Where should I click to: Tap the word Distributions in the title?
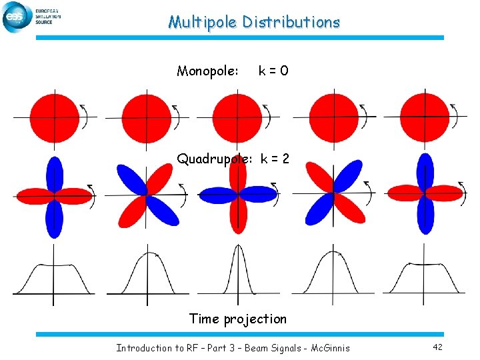[x=291, y=23]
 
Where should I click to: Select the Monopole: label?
[x=207, y=71]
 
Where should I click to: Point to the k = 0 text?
[x=273, y=71]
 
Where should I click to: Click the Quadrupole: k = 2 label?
[x=233, y=159]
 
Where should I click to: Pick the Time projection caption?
[x=238, y=319]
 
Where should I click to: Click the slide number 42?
[x=437, y=347]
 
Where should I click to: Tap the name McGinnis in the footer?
[x=330, y=347]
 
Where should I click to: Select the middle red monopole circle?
[x=238, y=118]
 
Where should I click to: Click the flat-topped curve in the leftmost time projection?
[x=53, y=267]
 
